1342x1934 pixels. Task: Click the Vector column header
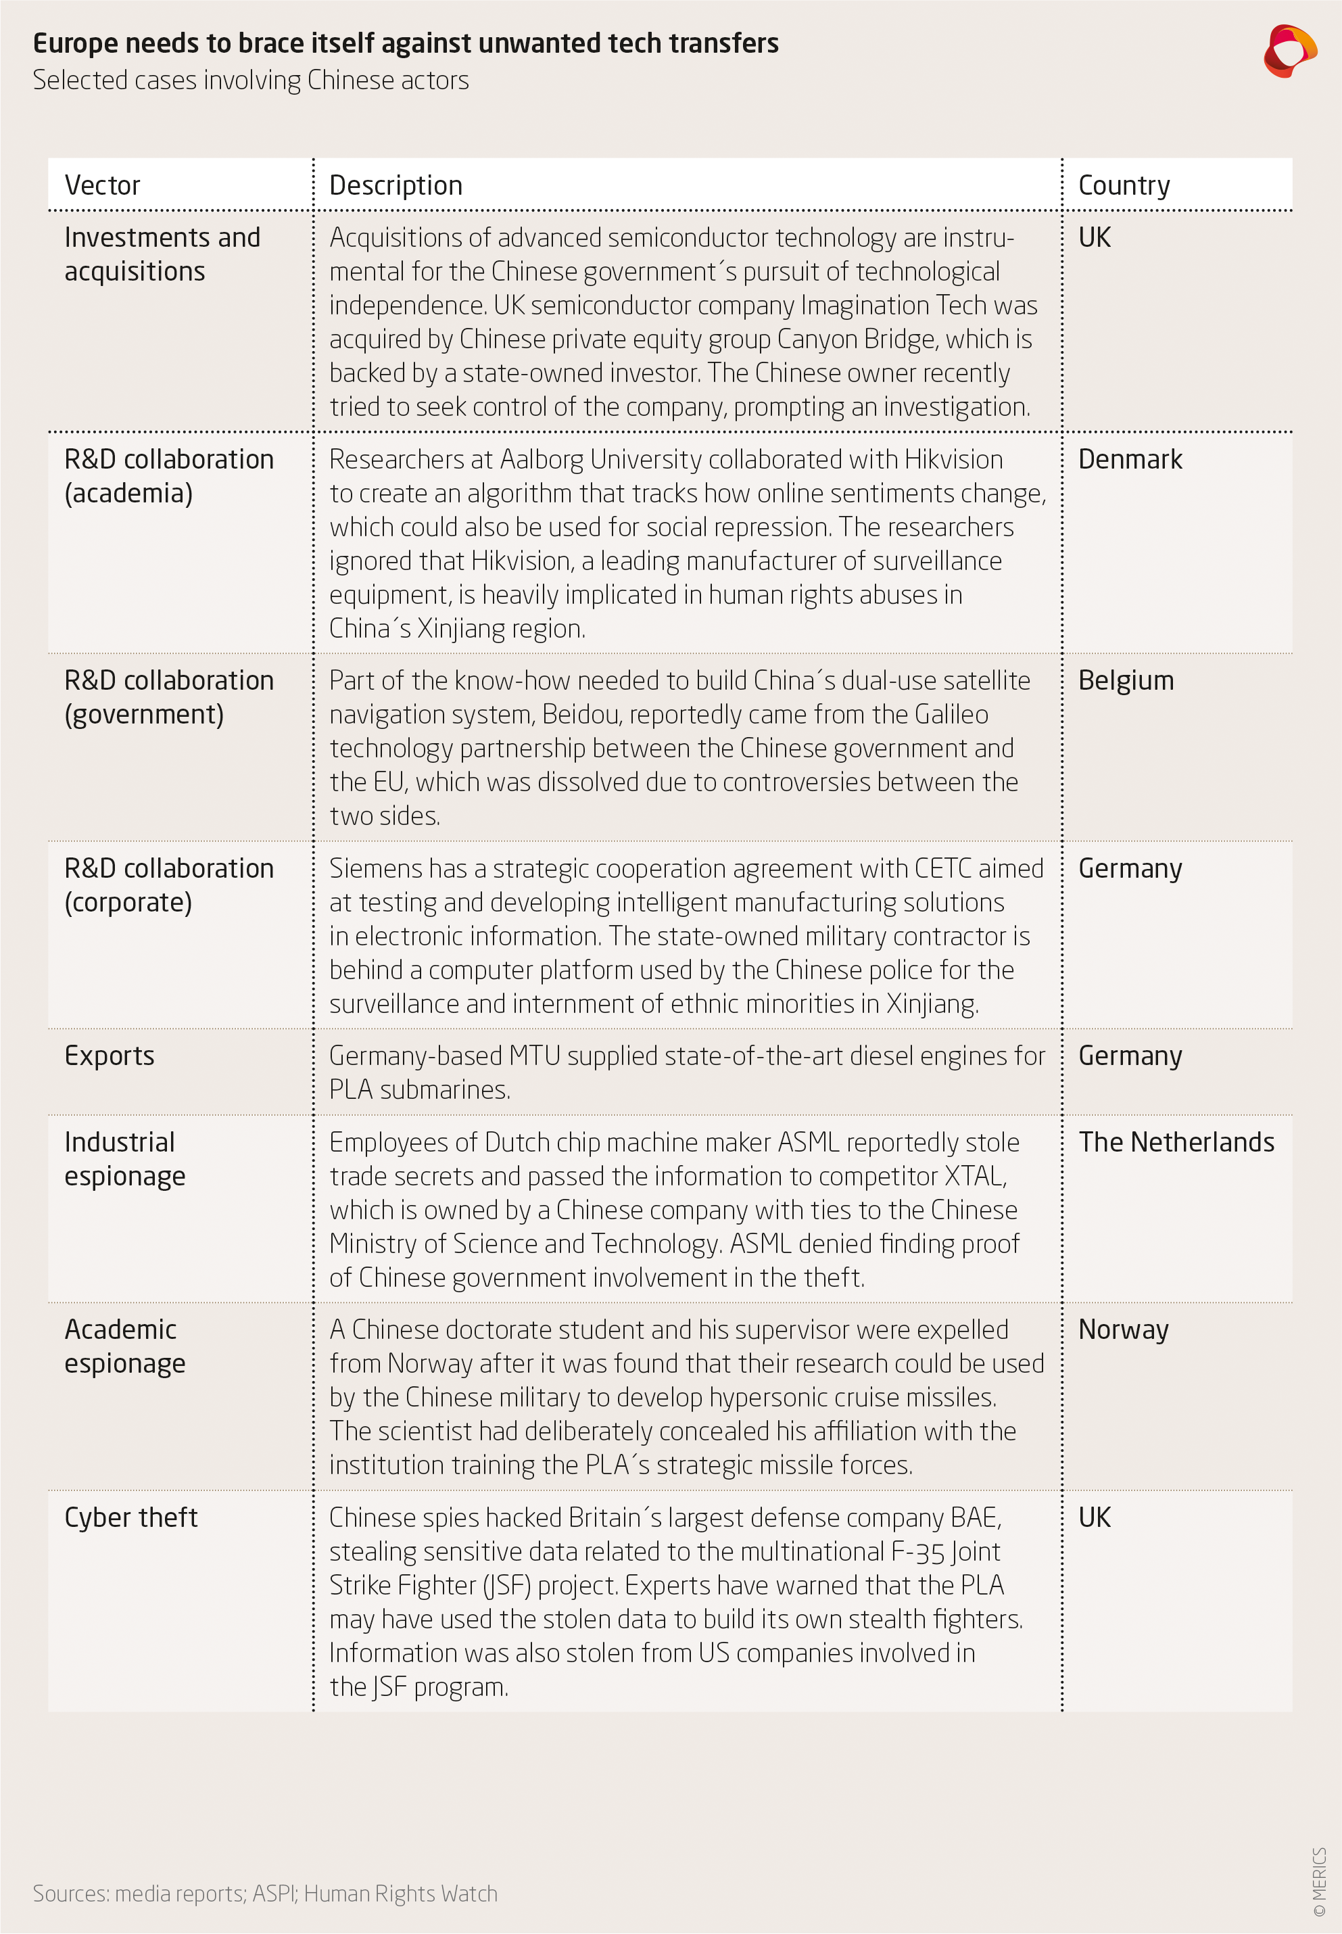103,185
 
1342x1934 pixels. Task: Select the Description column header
396,185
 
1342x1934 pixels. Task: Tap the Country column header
1124,185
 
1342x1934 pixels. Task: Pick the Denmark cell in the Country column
1129,459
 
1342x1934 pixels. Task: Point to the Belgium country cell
1125,680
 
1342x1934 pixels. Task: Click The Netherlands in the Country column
1176,1142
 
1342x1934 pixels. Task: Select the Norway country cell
1122,1329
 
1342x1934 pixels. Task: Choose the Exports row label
110,1056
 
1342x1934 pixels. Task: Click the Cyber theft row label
130,1517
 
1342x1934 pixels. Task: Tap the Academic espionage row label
124,1346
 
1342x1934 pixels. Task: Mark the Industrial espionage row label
124,1159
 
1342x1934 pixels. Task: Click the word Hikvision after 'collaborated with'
953,459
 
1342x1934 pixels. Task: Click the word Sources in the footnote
70,1893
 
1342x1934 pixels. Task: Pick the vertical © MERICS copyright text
1318,1882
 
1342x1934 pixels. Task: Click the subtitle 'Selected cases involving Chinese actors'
251,80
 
